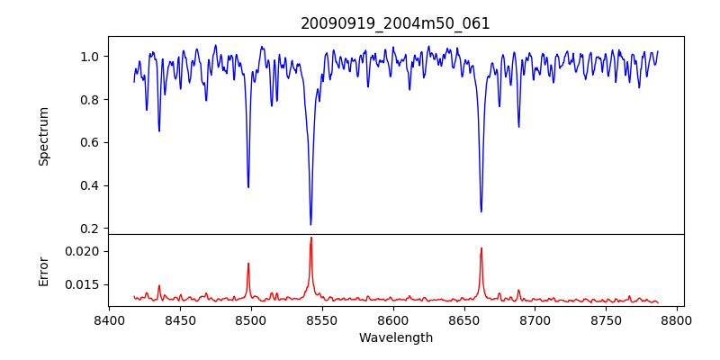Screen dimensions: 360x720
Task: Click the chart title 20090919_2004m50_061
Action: pos(395,23)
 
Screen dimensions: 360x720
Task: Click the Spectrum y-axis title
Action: pos(43,136)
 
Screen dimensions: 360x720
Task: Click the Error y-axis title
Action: pos(43,270)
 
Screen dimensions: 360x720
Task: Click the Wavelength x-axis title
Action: pos(395,338)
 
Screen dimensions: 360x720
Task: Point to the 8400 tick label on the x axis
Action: pos(109,319)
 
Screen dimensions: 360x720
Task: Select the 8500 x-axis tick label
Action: pos(251,319)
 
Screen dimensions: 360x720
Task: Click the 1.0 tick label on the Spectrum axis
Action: pos(90,57)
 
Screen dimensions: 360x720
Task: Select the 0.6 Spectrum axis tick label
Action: pos(90,143)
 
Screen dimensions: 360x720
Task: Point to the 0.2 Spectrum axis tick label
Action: pos(90,229)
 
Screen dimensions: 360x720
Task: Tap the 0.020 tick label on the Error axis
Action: pos(83,251)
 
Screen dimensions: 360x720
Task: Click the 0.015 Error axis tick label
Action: pos(83,284)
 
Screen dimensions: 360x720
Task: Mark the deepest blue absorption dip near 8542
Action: pos(310,224)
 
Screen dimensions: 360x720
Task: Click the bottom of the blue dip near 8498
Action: pos(248,186)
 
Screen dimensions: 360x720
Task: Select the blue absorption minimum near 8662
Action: pos(481,211)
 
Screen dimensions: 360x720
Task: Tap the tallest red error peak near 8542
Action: pos(311,238)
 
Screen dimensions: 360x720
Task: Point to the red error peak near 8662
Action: pos(481,248)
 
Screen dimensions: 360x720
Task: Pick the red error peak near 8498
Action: pos(248,264)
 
